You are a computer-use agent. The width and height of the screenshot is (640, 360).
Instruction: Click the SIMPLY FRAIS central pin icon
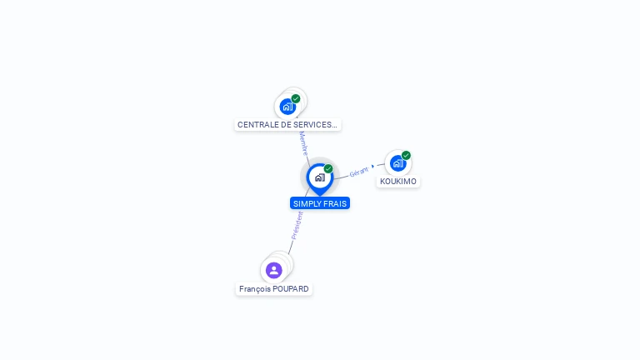319,177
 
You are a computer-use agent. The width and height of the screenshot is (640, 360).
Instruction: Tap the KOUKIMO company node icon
397,163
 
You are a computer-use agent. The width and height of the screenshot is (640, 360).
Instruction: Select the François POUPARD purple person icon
274,270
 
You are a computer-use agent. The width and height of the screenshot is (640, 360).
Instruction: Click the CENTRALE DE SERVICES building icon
287,107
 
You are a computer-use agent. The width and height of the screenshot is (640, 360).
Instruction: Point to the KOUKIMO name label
398,182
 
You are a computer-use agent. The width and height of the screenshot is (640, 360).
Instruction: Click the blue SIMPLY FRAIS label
320,203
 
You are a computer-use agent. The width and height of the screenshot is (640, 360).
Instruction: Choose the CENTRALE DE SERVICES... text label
287,125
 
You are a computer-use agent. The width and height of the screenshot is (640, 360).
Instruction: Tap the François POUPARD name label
274,289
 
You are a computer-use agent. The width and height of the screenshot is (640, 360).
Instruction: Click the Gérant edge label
358,172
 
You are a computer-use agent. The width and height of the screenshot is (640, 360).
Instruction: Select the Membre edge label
303,143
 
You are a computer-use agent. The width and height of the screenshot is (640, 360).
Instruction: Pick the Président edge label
296,225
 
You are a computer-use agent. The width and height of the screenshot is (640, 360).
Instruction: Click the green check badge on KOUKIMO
406,155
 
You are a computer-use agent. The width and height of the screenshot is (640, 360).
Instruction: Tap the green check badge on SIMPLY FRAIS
328,169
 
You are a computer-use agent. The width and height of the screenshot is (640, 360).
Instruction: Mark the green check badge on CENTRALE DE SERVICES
296,98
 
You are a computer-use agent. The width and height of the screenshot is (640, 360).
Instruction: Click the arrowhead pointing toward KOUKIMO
373,167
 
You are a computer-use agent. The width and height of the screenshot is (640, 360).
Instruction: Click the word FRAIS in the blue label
337,203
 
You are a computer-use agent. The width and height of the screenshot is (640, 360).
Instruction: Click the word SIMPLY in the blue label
307,203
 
